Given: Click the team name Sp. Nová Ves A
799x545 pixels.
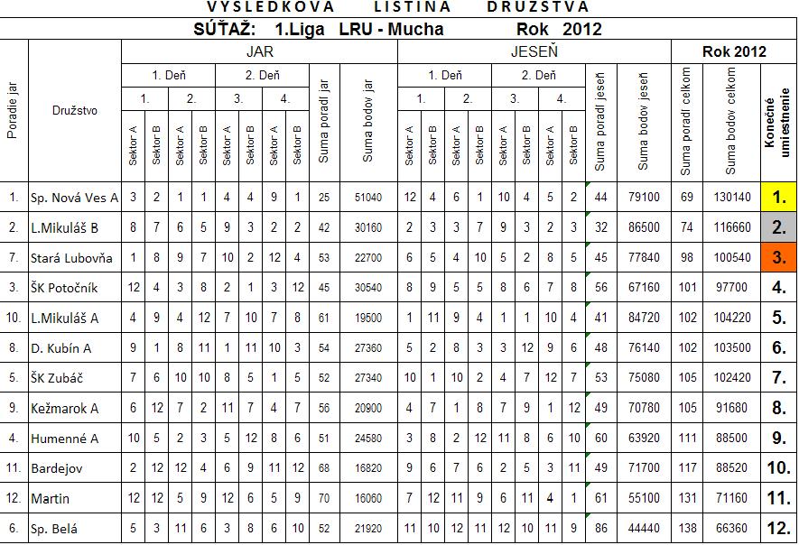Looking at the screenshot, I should coord(75,196).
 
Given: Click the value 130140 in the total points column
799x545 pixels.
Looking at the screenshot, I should coord(731,197).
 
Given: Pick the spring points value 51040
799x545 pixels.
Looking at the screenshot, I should coord(369,197).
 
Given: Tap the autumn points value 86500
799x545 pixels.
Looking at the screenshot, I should coord(644,226).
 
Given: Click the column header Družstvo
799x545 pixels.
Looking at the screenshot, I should coord(75,111).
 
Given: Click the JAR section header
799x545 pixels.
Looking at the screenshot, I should coord(260,51).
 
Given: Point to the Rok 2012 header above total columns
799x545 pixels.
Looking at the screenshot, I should coord(733,51).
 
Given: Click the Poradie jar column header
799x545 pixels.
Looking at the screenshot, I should coord(14,111).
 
